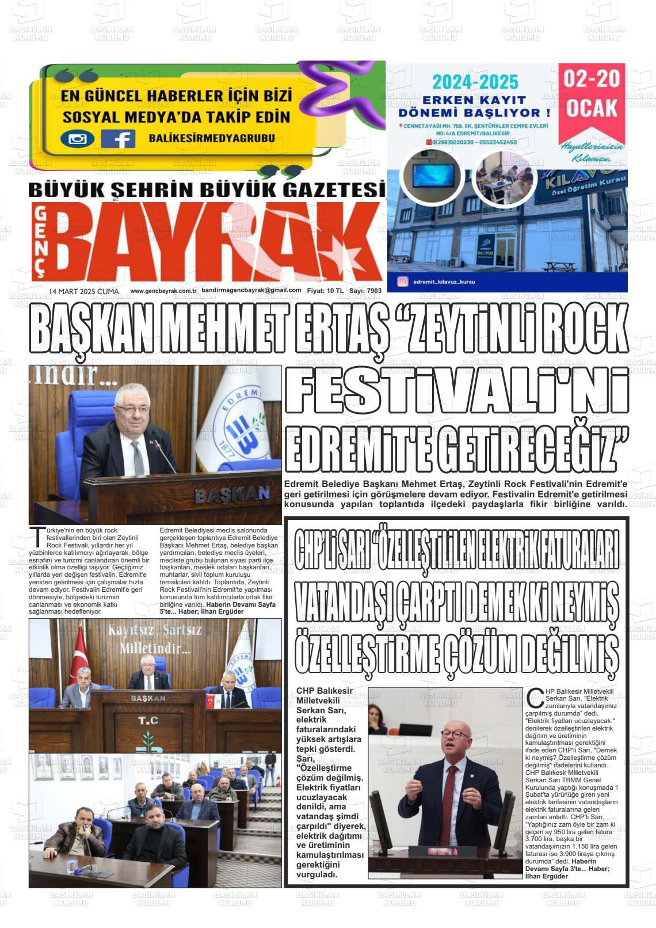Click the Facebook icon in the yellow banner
click(x=119, y=139)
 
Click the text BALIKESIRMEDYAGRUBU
click(x=211, y=138)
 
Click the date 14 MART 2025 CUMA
click(x=84, y=291)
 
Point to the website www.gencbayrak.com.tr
click(x=163, y=291)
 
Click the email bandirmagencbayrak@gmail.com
click(x=251, y=291)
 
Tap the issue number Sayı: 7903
click(x=365, y=291)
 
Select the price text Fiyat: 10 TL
click(x=325, y=291)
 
